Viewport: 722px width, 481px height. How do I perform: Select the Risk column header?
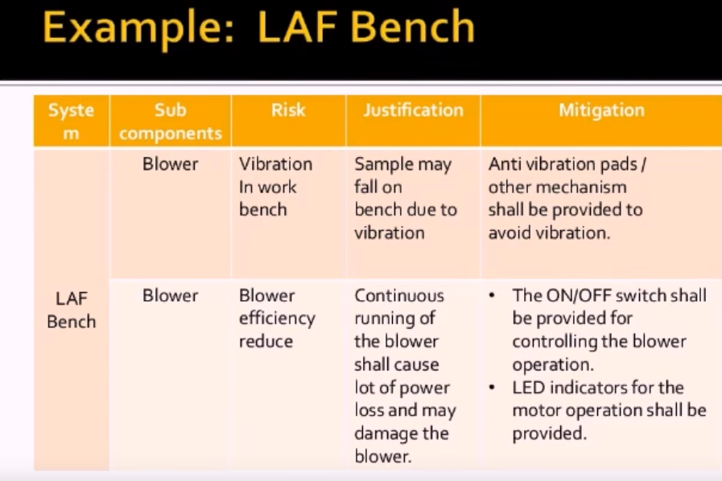pyautogui.click(x=288, y=110)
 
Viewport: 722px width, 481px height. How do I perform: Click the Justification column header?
pyautogui.click(x=413, y=110)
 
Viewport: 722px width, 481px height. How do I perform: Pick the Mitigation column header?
pyautogui.click(x=601, y=110)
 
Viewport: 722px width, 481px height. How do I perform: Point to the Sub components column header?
pyautogui.click(x=171, y=121)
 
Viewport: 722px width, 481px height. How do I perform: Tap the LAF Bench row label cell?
pyautogui.click(x=72, y=310)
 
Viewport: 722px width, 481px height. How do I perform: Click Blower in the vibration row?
pyautogui.click(x=170, y=164)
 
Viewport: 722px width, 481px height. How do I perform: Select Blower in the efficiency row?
pyautogui.click(x=170, y=295)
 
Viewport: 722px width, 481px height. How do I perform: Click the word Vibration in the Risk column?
pyautogui.click(x=275, y=164)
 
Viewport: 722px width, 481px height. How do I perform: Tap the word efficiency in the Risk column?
pyautogui.click(x=277, y=319)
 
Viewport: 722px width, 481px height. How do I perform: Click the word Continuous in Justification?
pyautogui.click(x=398, y=295)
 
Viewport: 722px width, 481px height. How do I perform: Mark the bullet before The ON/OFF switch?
pyautogui.click(x=492, y=295)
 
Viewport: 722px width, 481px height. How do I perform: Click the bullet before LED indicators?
pyautogui.click(x=492, y=388)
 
